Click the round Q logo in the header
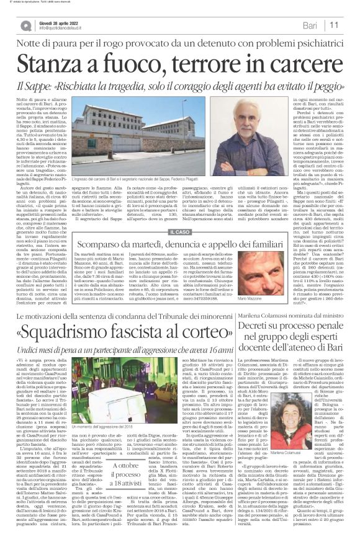click(25, 25)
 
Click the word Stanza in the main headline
click(58, 65)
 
